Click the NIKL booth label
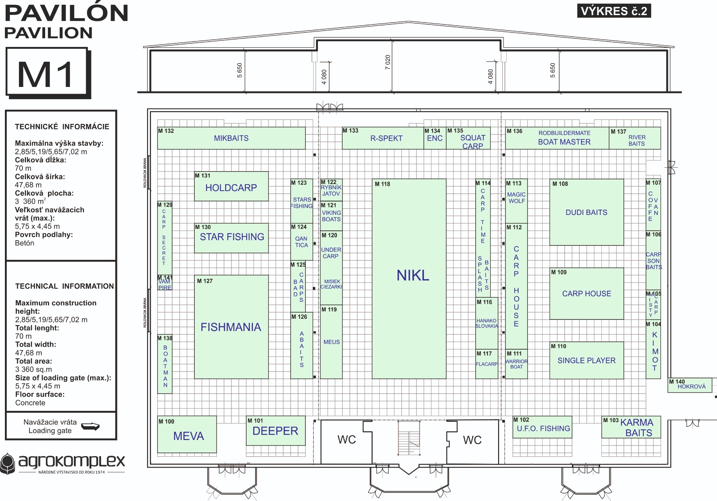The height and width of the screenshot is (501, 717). point(413,276)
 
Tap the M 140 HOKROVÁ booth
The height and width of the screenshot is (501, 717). point(689,385)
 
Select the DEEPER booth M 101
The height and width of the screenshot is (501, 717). point(275,431)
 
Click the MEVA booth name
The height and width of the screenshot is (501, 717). point(188,436)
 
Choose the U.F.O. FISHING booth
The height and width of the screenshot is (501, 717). point(543,428)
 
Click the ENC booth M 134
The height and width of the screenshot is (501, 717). point(435,138)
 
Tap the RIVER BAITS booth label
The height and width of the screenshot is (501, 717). point(636,140)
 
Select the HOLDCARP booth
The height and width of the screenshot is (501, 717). point(231,188)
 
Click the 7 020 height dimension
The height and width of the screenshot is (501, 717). point(388,62)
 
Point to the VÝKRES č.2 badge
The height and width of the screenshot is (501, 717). point(614,11)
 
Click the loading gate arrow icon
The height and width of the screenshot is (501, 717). point(90,426)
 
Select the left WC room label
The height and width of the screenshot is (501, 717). point(346,440)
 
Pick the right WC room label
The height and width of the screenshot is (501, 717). point(472,440)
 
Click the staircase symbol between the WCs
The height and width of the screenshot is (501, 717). point(409,438)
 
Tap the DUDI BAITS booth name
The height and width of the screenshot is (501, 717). point(586,212)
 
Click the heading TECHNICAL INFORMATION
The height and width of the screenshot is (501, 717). point(64,286)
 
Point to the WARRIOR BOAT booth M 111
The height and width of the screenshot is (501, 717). point(516,364)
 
